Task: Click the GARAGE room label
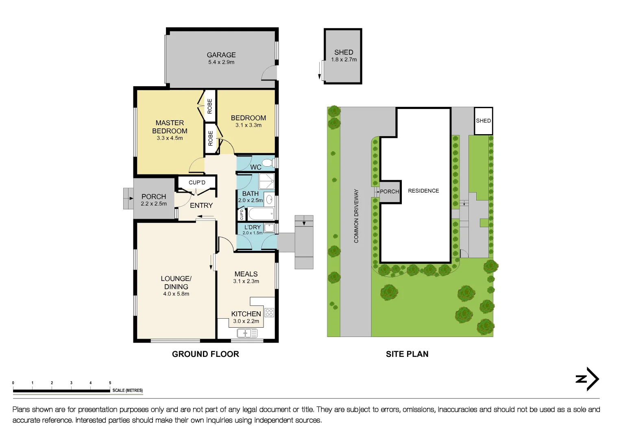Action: [x=221, y=55]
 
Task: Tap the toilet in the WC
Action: [x=267, y=163]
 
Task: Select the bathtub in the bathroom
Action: [x=261, y=214]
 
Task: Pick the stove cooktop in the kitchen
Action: [x=269, y=313]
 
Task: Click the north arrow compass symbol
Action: [x=588, y=379]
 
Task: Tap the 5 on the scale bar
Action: [x=110, y=383]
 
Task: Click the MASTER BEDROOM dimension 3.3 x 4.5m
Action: [x=170, y=138]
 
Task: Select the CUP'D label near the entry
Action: [x=197, y=183]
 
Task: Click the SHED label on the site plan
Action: [x=483, y=121]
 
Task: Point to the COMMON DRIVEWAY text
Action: [x=356, y=216]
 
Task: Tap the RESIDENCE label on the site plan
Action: [x=423, y=191]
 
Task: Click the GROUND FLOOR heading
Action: [x=205, y=354]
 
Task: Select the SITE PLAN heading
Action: [x=407, y=354]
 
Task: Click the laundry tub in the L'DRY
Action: [x=269, y=228]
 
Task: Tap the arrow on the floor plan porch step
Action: [x=131, y=198]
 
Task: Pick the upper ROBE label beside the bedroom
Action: [x=210, y=106]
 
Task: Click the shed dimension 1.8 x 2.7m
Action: [x=344, y=60]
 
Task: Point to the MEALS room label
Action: [x=246, y=274]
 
